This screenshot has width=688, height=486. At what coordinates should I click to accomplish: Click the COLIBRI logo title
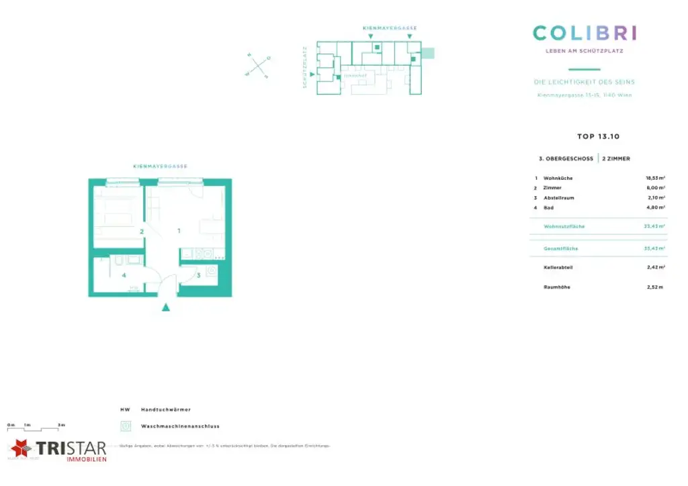pos(585,33)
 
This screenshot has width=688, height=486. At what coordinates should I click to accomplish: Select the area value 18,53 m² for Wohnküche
pos(655,178)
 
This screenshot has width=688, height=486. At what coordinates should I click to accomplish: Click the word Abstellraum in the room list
pos(559,198)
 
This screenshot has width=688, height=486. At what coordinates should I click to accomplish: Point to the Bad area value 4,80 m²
pos(655,208)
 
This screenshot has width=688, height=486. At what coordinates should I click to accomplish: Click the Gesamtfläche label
pos(561,248)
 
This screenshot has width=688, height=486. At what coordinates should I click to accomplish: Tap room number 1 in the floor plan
pos(179,230)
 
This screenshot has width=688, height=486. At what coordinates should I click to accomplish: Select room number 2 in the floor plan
pos(142,232)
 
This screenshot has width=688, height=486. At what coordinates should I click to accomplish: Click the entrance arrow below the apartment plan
pos(167,307)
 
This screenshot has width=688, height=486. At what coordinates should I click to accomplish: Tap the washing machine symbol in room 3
pos(212,271)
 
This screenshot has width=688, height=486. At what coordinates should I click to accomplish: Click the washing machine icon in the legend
pos(125,426)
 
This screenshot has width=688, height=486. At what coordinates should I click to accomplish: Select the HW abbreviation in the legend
pos(124,409)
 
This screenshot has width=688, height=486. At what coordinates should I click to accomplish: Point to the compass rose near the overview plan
pos(258,66)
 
